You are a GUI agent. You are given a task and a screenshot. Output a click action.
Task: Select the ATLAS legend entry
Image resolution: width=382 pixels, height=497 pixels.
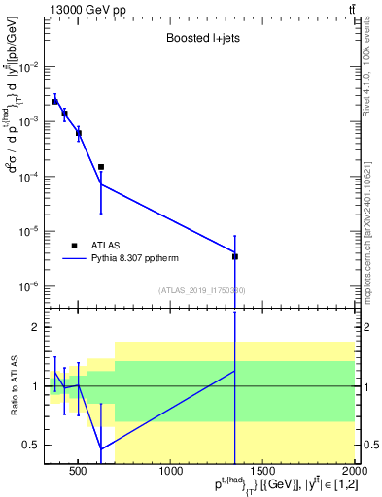[x=106, y=247]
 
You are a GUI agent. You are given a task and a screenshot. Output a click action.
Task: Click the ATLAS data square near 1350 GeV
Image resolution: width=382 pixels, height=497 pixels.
[x=235, y=257]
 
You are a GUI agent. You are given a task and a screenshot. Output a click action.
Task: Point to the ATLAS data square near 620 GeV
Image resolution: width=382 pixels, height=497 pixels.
[x=101, y=167]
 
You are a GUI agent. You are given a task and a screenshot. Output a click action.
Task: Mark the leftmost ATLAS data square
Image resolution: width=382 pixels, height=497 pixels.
[x=55, y=102]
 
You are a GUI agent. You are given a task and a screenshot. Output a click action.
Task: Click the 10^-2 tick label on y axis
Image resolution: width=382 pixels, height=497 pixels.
[x=28, y=67]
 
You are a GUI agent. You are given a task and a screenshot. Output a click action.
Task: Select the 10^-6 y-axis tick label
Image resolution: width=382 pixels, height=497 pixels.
[x=28, y=286]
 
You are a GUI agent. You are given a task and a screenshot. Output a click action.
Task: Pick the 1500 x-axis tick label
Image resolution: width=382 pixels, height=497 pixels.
[x=262, y=473]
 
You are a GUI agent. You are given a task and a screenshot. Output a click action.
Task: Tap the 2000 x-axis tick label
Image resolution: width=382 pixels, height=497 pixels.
[x=354, y=473]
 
